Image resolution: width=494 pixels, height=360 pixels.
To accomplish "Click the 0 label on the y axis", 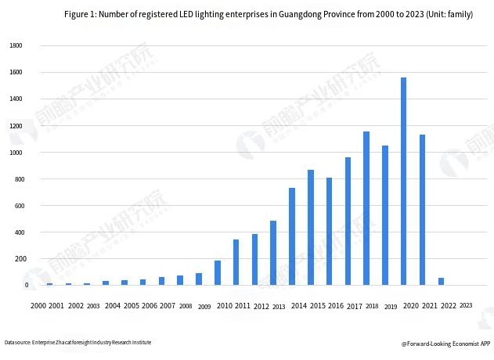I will pyautogui.click(x=25, y=286).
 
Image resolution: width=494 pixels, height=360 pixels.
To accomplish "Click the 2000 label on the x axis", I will pyautogui.click(x=38, y=305).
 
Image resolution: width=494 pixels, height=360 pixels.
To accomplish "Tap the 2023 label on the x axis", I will pyautogui.click(x=466, y=305).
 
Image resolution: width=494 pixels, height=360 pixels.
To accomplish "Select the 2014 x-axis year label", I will pyautogui.click(x=298, y=305).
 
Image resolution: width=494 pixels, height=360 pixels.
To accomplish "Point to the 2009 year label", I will pyautogui.click(x=204, y=307).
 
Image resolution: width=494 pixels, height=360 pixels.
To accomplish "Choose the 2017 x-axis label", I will pyautogui.click(x=354, y=305).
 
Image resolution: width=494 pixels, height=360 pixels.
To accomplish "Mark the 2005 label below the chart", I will pyautogui.click(x=131, y=305).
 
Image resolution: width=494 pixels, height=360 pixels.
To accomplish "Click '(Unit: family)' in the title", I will pyautogui.click(x=449, y=14).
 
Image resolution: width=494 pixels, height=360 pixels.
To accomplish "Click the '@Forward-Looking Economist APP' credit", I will pyautogui.click(x=445, y=343).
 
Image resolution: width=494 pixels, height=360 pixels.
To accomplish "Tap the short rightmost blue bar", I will pyautogui.click(x=441, y=281).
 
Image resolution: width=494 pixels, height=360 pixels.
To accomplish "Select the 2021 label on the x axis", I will pyautogui.click(x=428, y=305).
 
